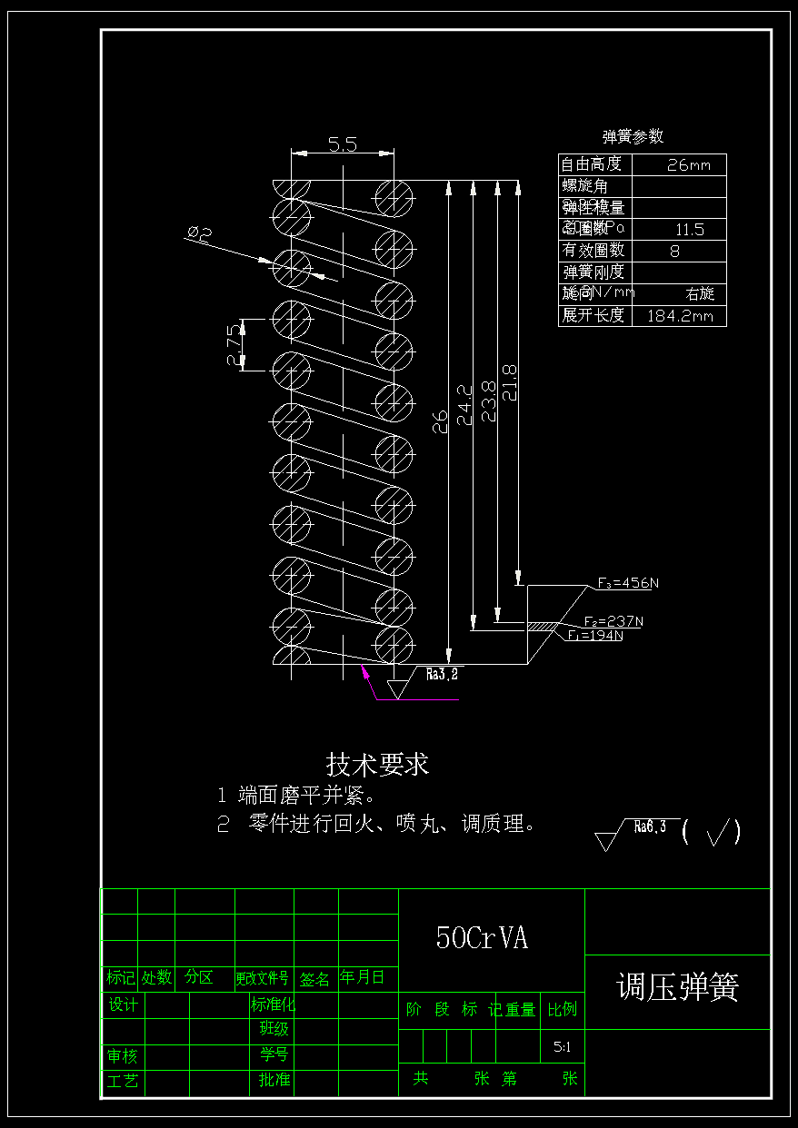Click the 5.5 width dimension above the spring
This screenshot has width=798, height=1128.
pos(342,143)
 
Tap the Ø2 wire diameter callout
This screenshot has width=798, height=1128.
pos(199,235)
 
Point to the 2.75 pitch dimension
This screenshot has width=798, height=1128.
pos(235,344)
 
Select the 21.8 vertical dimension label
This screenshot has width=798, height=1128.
pos(510,381)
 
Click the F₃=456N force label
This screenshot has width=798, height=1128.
pos(628,583)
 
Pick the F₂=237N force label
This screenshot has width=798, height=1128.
pos(613,621)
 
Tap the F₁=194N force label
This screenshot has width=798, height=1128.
pos(595,636)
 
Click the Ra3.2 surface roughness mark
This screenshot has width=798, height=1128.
pos(442,674)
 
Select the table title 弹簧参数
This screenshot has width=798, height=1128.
pos(633,136)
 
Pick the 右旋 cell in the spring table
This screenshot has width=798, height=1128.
pos(700,294)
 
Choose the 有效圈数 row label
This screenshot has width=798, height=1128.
pos(594,251)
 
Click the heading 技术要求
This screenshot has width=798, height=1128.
pos(377,764)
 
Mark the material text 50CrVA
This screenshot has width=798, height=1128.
pos(482,938)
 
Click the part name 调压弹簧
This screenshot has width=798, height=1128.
pos(677,987)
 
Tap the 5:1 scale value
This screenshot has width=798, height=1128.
pos(563,1047)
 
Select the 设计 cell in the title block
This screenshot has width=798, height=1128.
pos(123,1004)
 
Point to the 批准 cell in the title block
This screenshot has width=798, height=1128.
pos(274,1080)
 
